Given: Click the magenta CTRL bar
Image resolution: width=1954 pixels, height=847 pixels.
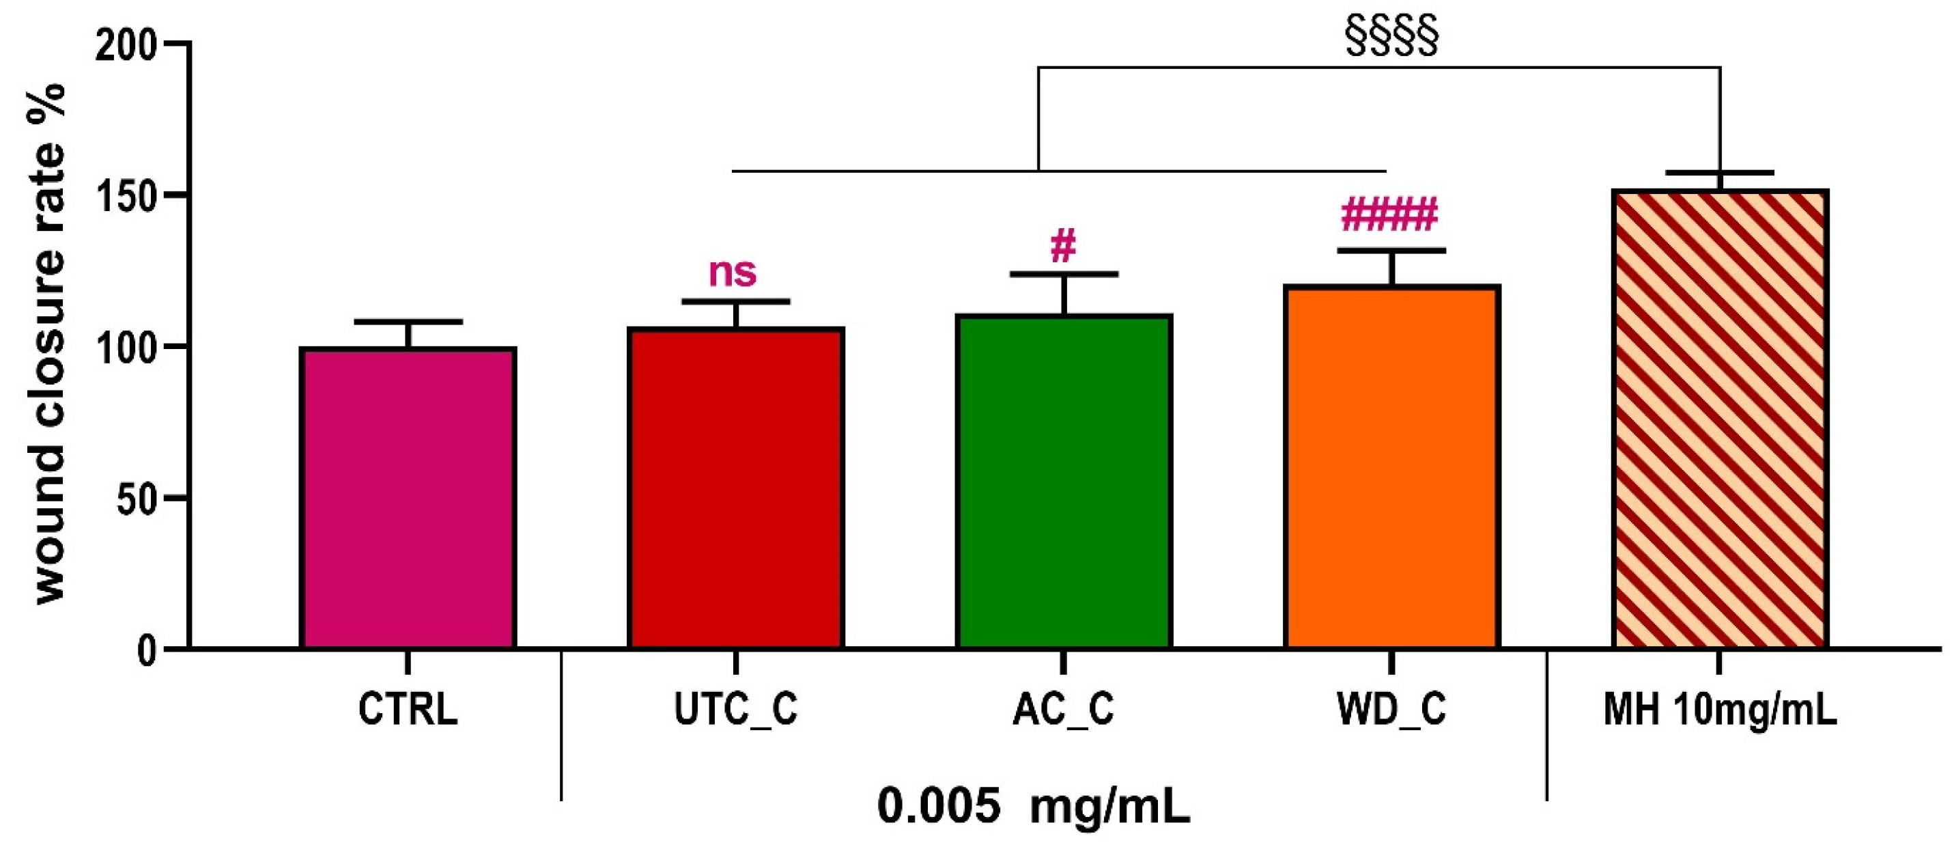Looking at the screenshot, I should pos(408,498).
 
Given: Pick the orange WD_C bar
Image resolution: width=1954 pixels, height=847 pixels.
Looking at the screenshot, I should pos(1392,467).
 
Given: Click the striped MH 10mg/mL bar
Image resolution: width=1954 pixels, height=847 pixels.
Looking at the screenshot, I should pos(1720,419).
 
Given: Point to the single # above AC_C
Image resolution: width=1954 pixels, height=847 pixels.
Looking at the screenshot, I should pos(1064,247).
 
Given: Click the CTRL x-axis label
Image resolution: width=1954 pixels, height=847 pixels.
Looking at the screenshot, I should pos(408,710).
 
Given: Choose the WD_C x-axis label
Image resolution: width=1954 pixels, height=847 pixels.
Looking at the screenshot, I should pos(1391,710).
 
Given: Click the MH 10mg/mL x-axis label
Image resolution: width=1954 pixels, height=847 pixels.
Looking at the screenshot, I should pos(1720,710).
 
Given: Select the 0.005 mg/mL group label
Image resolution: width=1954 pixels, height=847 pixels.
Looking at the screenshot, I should pos(1033,806).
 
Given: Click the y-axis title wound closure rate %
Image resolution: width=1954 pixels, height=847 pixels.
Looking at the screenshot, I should pos(50,346).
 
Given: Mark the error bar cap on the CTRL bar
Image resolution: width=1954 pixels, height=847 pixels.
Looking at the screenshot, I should pos(408,322).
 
